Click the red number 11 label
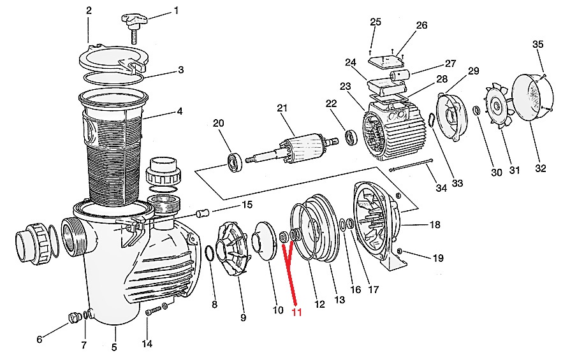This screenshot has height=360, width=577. (296, 312)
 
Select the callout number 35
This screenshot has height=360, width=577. (537, 45)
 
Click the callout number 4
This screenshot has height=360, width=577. (180, 111)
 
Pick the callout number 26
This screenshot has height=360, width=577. (421, 25)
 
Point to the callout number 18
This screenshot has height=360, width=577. (434, 224)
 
